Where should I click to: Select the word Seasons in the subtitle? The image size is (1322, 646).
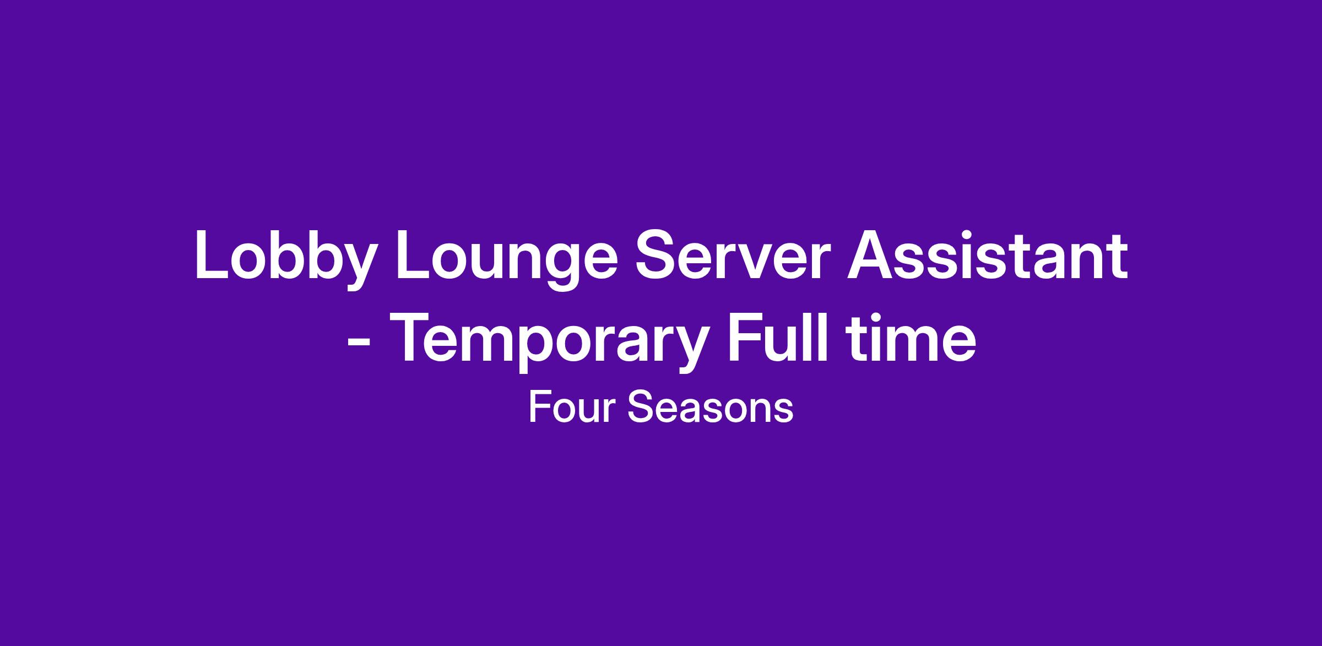(x=710, y=408)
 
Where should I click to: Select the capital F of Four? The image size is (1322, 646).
(x=539, y=407)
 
